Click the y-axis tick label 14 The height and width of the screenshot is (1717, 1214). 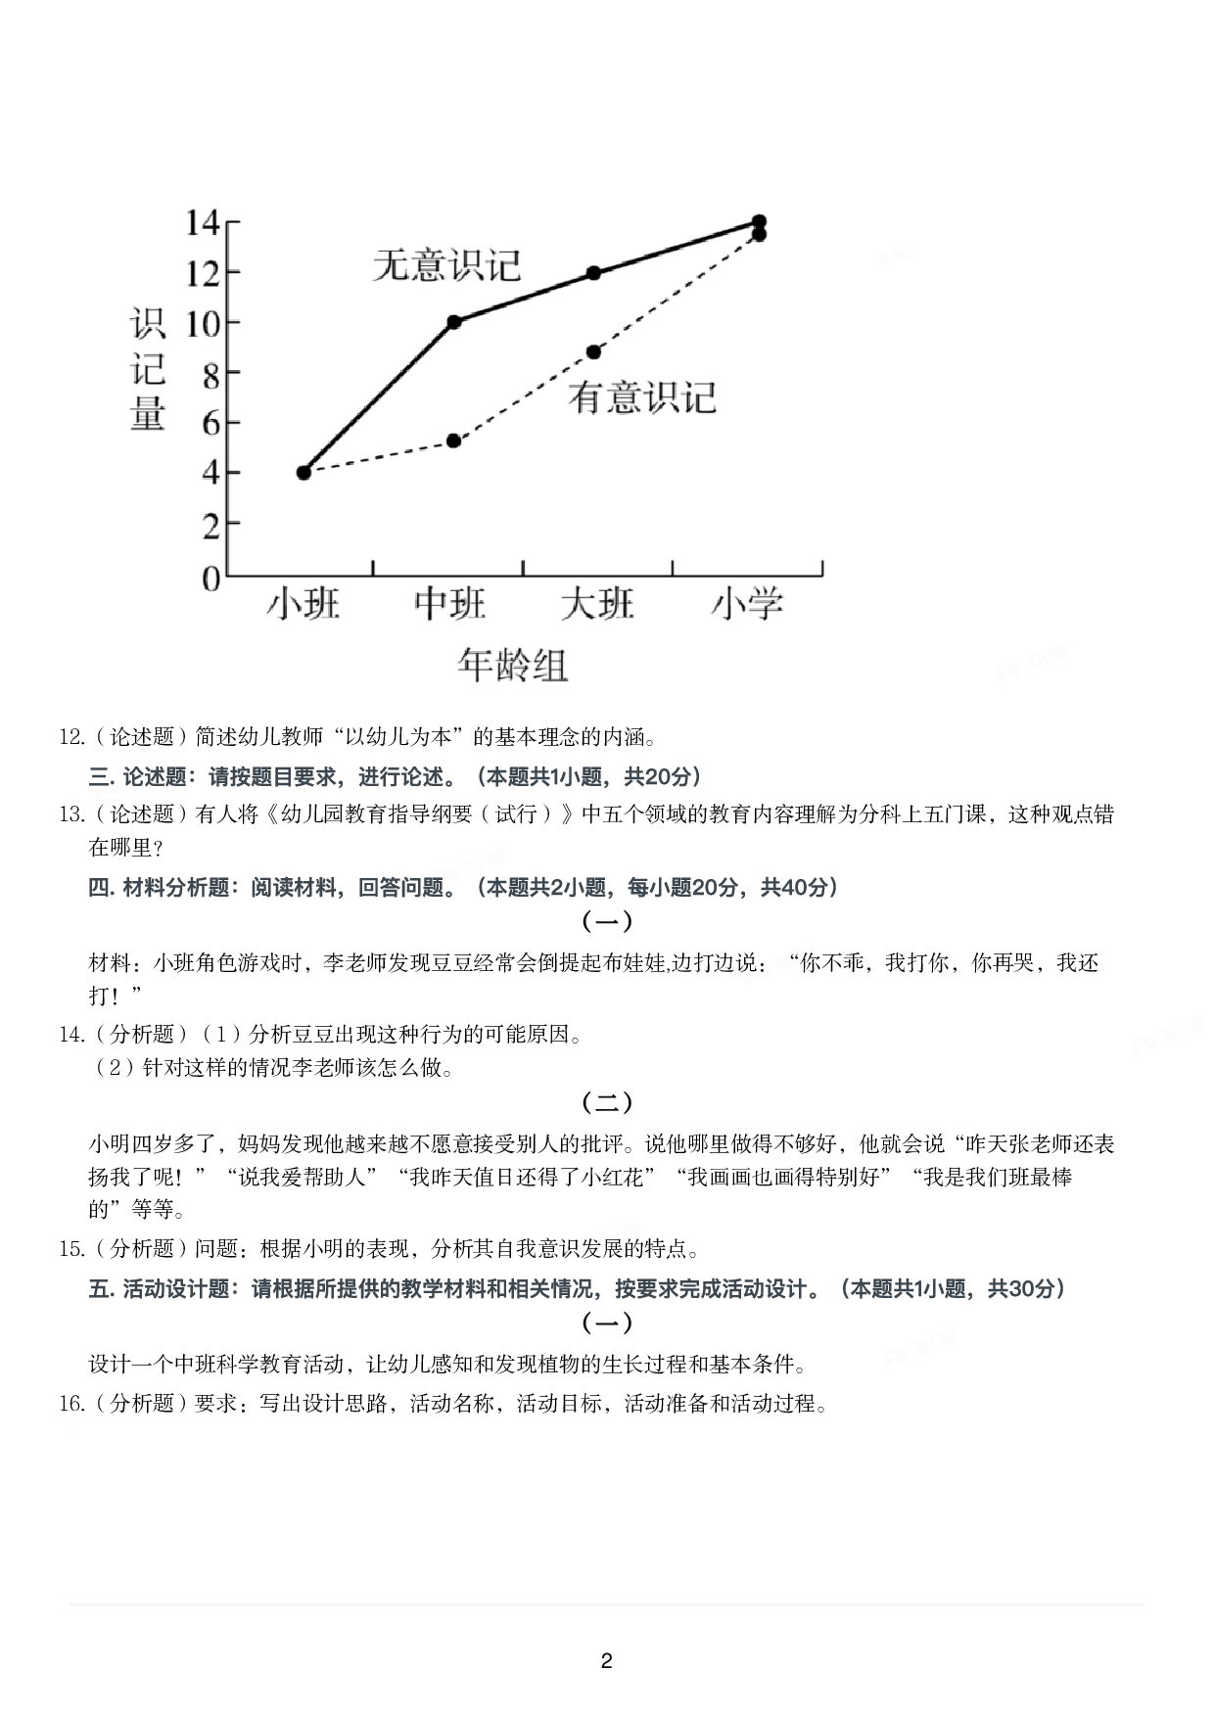202,223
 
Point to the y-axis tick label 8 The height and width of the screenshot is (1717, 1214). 210,374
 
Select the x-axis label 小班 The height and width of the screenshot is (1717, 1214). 303,603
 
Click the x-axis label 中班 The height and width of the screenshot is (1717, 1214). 450,603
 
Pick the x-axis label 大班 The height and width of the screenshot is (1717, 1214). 597,603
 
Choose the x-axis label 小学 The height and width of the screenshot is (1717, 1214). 747,603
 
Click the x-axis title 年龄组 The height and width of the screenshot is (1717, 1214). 512,666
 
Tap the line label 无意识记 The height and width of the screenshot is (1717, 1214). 446,265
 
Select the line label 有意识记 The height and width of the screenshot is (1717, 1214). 642,397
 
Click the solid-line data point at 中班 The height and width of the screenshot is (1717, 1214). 453,322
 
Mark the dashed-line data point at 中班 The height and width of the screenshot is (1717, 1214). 453,441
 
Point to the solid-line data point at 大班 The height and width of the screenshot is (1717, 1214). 593,273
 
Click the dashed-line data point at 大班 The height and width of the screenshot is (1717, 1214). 593,352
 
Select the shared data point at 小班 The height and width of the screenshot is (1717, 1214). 303,473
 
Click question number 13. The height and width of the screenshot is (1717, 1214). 72,814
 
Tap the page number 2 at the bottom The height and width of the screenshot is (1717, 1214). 606,1661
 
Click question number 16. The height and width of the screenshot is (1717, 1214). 72,1404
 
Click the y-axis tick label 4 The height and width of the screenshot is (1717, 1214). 210,474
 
